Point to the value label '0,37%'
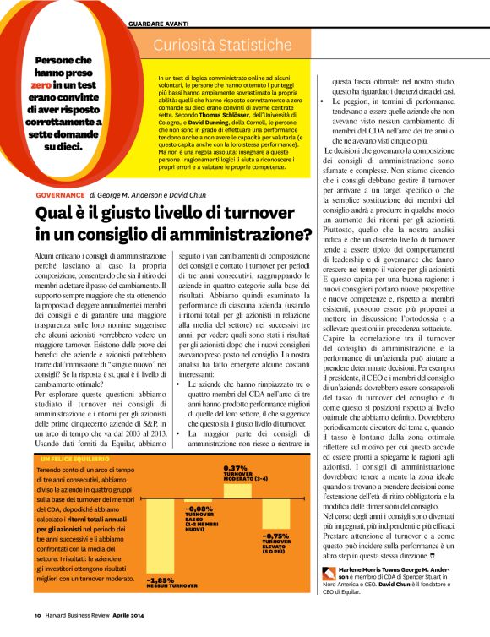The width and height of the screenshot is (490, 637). point(234,467)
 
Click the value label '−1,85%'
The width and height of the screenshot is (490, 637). point(161,580)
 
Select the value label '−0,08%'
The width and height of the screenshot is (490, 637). point(199,508)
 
